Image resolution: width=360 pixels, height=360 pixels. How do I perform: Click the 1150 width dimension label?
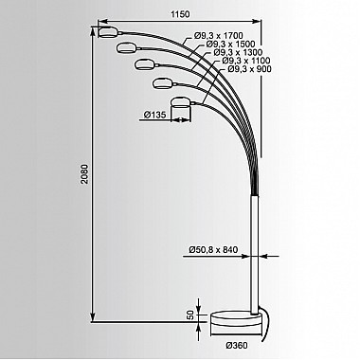click(180, 14)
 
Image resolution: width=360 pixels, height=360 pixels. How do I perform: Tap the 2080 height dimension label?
click(85, 173)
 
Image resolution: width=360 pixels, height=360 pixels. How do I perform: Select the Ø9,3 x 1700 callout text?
click(218, 36)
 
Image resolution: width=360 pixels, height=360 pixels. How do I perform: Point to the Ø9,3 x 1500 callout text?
click(230, 44)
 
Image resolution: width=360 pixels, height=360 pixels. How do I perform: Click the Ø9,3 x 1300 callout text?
click(238, 52)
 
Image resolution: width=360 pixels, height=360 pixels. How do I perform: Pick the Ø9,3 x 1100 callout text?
click(246, 61)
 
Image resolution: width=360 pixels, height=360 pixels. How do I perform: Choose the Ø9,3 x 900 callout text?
click(249, 69)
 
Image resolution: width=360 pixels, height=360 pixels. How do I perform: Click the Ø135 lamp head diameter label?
click(154, 115)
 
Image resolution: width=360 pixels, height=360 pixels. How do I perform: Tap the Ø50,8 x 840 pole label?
click(213, 249)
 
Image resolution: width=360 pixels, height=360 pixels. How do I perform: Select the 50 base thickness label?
click(190, 315)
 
